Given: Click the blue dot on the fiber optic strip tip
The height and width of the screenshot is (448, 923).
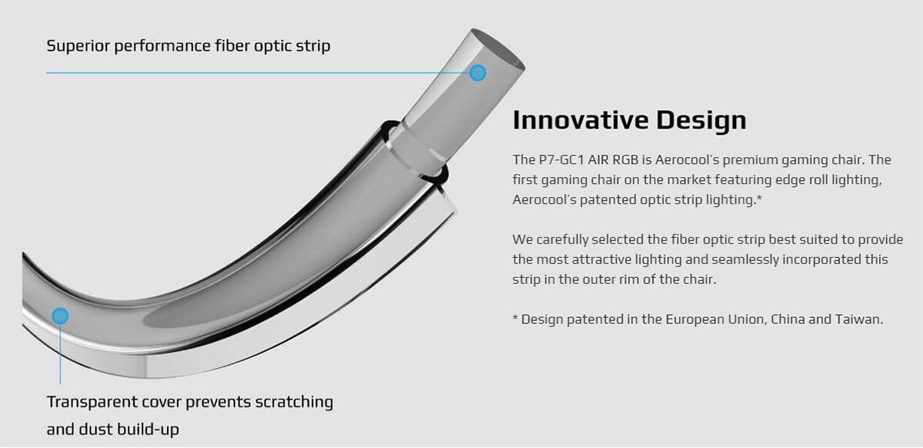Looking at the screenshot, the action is point(478,73).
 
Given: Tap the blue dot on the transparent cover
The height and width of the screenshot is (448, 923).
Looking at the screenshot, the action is point(60,316).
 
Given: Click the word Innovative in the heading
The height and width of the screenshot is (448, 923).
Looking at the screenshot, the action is point(581,120).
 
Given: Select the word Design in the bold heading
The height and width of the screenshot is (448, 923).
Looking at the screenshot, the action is point(701,121).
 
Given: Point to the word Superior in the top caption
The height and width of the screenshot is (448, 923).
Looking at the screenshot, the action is point(78,46).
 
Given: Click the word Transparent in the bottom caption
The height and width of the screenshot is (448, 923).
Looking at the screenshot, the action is point(92,403).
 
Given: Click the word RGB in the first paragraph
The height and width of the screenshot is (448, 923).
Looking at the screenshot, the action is point(625,159).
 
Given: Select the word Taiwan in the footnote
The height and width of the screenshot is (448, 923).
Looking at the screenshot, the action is point(859,319).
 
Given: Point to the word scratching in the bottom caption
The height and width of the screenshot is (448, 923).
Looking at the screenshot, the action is point(294,403).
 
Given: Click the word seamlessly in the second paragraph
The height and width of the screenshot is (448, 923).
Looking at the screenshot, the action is point(745,260).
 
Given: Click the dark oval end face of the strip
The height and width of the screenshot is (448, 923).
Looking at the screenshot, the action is point(498,48).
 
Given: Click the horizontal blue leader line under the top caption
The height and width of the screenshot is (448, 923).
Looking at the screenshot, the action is point(258,73).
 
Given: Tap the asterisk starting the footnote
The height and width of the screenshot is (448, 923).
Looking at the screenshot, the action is point(515,318).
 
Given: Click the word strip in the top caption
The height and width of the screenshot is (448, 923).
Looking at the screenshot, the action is point(313,46).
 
